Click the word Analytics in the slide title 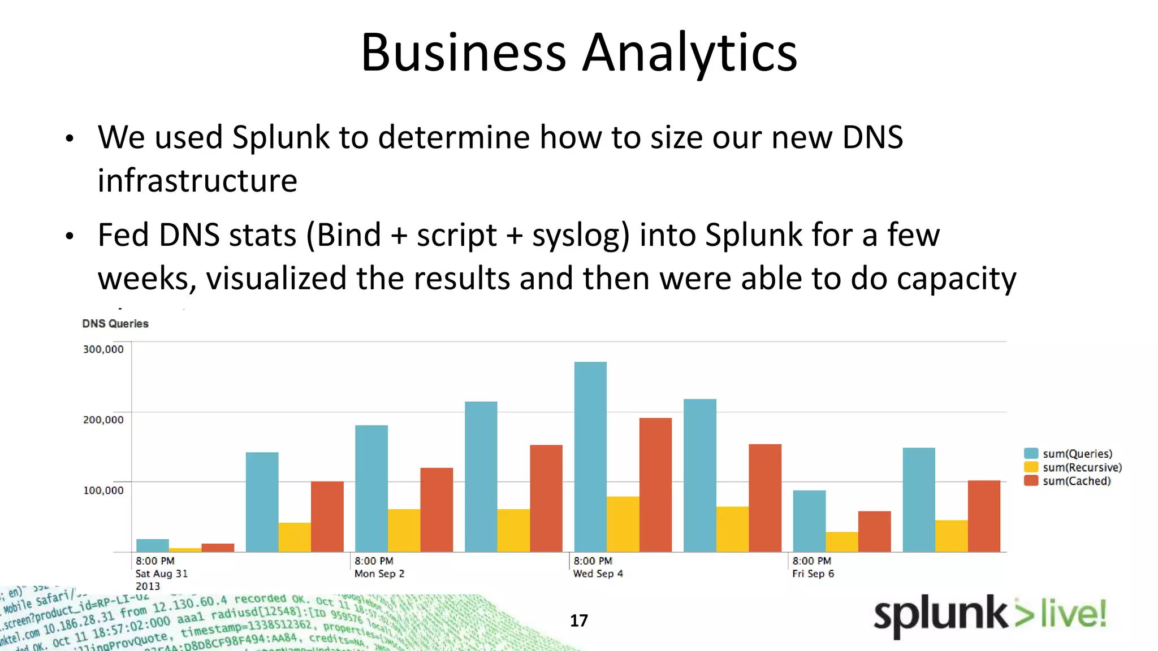click(689, 52)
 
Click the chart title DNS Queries click(115, 324)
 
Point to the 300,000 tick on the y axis click(103, 349)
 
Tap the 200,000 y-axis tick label click(103, 420)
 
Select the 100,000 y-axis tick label click(103, 491)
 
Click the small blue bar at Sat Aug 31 click(153, 545)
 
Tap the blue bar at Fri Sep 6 click(809, 521)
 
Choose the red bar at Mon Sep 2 click(437, 510)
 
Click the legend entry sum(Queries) click(1077, 454)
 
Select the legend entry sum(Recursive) click(1082, 467)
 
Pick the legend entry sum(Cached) click(1076, 481)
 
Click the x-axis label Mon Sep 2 click(379, 574)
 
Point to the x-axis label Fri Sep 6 click(813, 574)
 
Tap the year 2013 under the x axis click(148, 586)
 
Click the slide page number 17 click(578, 620)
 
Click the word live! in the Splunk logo click(1073, 614)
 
